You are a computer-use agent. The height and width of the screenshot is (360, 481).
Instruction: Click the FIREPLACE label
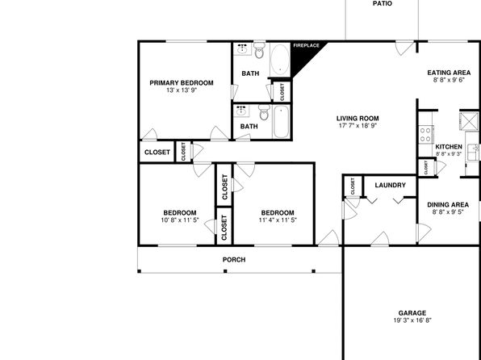click(x=306, y=45)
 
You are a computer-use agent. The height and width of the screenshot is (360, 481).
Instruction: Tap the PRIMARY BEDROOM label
click(x=182, y=83)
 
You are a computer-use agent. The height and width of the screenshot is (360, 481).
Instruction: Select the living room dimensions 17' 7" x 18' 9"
click(x=358, y=126)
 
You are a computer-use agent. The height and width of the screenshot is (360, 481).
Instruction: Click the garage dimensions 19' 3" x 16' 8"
click(x=412, y=320)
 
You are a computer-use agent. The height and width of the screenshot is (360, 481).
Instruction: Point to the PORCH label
click(x=234, y=260)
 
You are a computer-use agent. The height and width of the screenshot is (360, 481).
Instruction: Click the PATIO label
click(x=383, y=4)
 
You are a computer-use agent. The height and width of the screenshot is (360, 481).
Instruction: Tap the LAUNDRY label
click(x=390, y=185)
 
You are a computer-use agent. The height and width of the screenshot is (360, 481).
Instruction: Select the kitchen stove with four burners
click(x=426, y=135)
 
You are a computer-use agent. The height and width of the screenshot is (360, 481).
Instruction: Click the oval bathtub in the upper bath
click(x=280, y=60)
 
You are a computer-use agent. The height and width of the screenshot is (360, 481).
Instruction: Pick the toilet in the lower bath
click(x=264, y=112)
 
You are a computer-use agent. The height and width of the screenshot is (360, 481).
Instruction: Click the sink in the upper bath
click(x=242, y=49)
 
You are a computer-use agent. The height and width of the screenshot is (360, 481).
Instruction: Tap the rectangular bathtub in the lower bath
click(x=281, y=122)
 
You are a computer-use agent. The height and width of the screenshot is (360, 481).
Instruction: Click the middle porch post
click(x=225, y=271)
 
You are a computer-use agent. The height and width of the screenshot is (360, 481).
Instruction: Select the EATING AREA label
click(x=449, y=73)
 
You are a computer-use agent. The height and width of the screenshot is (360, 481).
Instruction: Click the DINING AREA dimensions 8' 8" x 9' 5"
click(x=448, y=212)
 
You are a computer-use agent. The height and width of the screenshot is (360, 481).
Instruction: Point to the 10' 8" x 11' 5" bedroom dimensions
click(x=180, y=220)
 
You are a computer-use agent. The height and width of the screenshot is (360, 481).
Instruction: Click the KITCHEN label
click(x=449, y=147)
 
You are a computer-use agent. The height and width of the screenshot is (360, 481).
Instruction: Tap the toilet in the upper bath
click(x=259, y=50)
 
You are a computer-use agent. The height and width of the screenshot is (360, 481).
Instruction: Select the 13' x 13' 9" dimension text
click(x=182, y=90)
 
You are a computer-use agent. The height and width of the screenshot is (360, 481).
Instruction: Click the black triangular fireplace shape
click(x=302, y=57)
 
